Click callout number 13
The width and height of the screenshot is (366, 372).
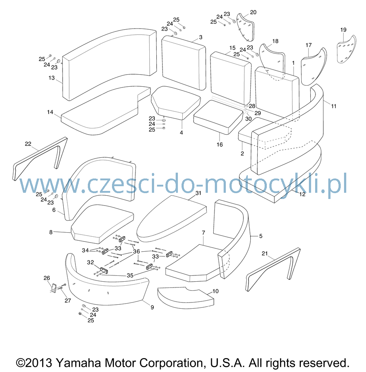tap(52, 78)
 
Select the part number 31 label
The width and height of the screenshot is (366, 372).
tap(198, 193)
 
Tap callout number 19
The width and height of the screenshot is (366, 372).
tap(343, 30)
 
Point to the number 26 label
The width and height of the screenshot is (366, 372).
tap(47, 278)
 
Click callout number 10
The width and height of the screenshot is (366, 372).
tap(215, 291)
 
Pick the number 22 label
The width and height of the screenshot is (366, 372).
tap(28, 144)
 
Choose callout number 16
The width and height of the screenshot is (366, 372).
tap(220, 144)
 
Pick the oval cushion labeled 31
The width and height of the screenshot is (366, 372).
tap(171, 218)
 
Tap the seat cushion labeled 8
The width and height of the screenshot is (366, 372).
tap(102, 224)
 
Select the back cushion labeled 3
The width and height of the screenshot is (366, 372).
tap(183, 63)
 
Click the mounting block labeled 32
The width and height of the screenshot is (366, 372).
tap(104, 270)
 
